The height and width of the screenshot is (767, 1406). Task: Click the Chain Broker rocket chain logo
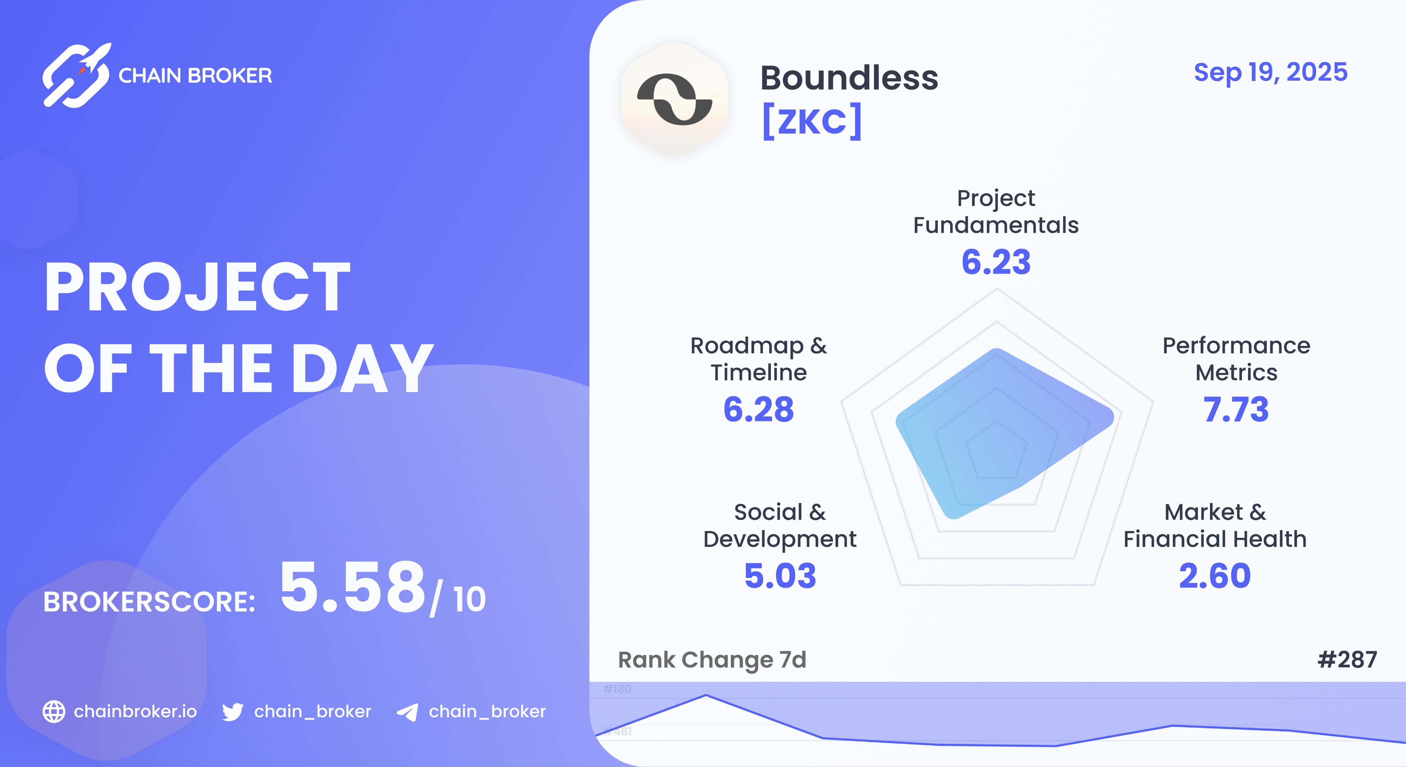tap(77, 75)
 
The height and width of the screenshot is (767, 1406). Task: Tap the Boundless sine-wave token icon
tap(675, 99)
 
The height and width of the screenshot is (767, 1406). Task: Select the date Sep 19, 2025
tap(1270, 72)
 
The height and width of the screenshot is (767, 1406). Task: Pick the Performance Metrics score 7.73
tap(1236, 410)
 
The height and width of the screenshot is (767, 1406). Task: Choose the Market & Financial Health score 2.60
tap(1214, 576)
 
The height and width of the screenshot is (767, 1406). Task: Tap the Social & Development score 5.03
tap(780, 576)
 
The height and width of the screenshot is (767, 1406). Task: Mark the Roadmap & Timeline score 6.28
tap(758, 410)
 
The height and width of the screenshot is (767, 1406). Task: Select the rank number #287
tap(1347, 660)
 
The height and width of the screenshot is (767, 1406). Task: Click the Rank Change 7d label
tap(712, 660)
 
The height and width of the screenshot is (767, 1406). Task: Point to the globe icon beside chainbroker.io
tap(54, 711)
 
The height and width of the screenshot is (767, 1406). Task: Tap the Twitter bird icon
tap(232, 712)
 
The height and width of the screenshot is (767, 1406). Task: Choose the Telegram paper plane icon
tap(407, 712)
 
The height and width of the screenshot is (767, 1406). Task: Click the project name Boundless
tap(849, 78)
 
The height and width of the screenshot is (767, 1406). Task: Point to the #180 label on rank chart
tap(617, 689)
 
